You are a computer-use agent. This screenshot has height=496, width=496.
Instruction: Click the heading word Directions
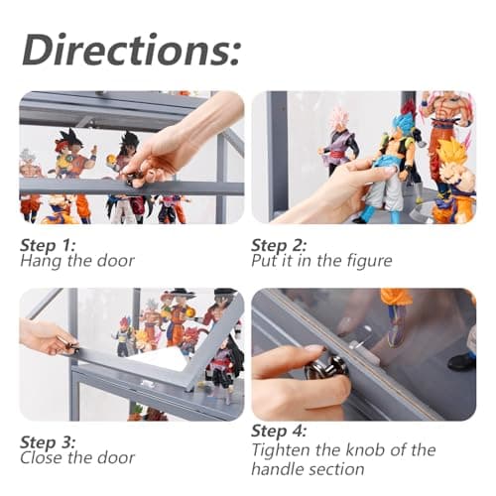[x=131, y=51]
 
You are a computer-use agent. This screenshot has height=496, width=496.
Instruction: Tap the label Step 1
[x=48, y=245]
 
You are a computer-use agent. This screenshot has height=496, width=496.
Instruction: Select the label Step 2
[x=279, y=245]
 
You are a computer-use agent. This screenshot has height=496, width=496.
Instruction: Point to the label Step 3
[x=48, y=442]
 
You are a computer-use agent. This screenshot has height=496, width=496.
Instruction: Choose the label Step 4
[x=279, y=431]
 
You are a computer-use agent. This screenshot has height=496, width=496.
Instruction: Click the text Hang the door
[x=77, y=261]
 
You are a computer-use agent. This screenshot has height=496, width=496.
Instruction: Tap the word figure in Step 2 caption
[x=369, y=261]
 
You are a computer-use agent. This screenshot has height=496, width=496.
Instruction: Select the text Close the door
[x=77, y=458]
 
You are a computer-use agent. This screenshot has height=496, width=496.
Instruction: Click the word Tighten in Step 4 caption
[x=282, y=450]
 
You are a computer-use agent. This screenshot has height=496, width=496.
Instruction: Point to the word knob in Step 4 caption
[x=364, y=449]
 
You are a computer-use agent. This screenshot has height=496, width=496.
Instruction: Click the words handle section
[x=308, y=469]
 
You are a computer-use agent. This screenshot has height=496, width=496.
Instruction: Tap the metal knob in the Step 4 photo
[x=326, y=368]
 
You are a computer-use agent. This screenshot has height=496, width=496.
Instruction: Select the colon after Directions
[x=233, y=53]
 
